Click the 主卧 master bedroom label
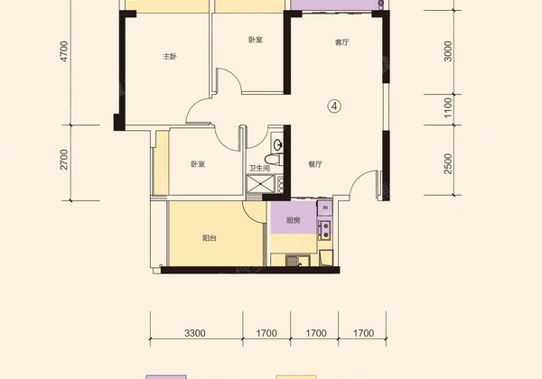[170, 56]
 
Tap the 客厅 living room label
[341, 42]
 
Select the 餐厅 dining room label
[315, 164]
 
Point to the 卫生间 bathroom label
[259, 169]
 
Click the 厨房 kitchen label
[293, 220]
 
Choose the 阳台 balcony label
[210, 238]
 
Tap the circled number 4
[334, 106]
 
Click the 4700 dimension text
[64, 51]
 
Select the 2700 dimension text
[64, 160]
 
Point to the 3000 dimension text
[448, 51]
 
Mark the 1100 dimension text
[448, 107]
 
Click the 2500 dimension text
[448, 163]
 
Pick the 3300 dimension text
[195, 333]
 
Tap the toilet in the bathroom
[274, 159]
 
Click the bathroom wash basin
[277, 144]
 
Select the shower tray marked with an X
[260, 183]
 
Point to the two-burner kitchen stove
[325, 230]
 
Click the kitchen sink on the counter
[293, 261]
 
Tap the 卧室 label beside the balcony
[198, 164]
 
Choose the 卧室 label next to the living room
[256, 40]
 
